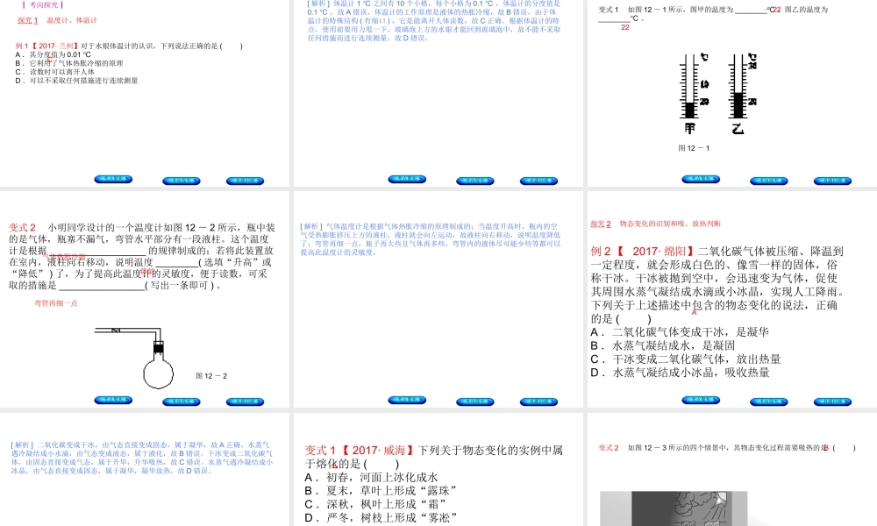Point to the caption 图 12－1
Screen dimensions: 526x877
[x=694, y=147]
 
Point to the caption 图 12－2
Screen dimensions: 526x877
[x=211, y=376]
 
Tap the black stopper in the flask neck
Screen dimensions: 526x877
[x=159, y=348]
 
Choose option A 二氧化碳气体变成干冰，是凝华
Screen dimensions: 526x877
[x=680, y=332]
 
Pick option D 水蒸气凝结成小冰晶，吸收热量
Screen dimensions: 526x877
[x=680, y=373]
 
